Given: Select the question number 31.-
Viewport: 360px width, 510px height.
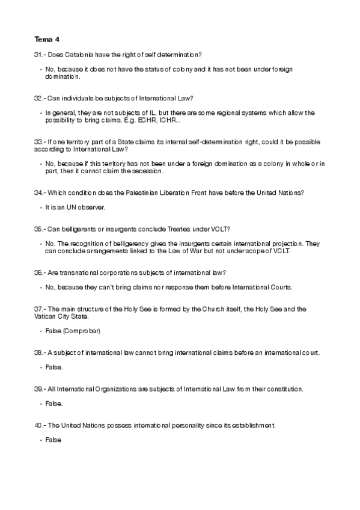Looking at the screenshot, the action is click(40, 55).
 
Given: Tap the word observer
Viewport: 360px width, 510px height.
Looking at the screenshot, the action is click(91, 207).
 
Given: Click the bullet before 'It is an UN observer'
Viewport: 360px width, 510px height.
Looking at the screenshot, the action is click(40, 207).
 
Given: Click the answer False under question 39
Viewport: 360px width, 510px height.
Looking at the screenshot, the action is click(53, 403).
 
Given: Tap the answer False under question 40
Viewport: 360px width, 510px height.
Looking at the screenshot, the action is click(53, 440).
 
